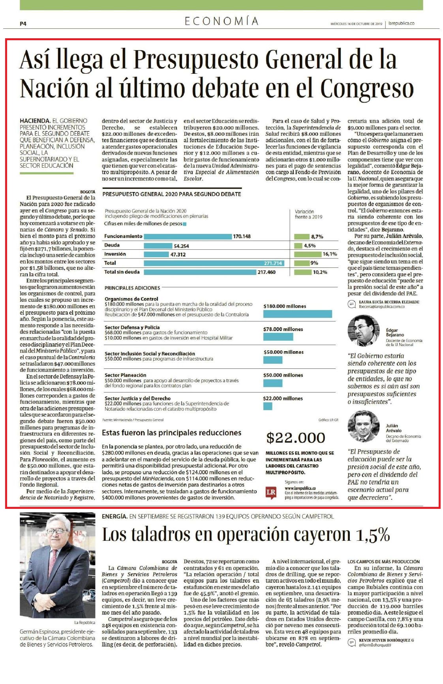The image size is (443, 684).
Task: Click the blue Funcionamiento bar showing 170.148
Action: click(188, 237)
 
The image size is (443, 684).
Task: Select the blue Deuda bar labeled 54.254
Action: click(158, 246)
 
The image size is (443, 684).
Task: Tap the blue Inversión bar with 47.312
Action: click(156, 254)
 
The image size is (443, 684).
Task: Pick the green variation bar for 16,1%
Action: click(308, 254)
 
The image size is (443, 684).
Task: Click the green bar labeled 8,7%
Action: click(302, 237)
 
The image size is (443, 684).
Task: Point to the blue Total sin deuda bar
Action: click(200, 272)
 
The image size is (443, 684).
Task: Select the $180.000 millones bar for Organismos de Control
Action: click(297, 314)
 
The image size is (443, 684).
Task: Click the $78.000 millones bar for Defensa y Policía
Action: click(278, 337)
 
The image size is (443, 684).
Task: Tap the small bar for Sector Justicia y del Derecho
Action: click(268, 406)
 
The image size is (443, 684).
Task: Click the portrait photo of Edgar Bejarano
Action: click(363, 331)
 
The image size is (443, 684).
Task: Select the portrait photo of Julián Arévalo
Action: click(363, 426)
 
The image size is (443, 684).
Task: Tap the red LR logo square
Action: click(271, 493)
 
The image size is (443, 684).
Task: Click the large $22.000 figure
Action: click(296, 437)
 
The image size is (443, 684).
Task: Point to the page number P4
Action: click(23, 24)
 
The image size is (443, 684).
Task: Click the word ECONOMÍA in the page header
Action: click(221, 21)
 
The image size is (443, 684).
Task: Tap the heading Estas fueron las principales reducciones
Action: click(171, 433)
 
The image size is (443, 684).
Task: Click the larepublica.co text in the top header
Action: click(401, 24)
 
